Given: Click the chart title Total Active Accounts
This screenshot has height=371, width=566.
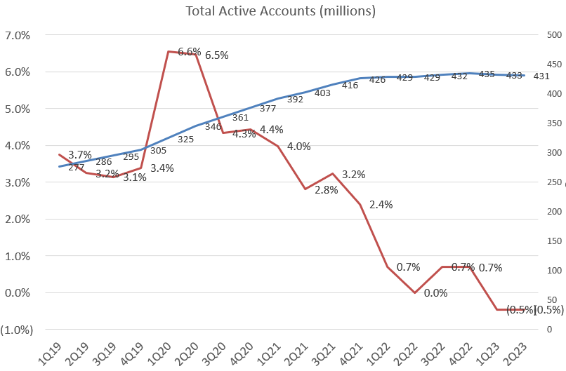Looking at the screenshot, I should tap(280, 11).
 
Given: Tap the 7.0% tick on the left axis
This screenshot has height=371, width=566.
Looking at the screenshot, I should tap(18, 35).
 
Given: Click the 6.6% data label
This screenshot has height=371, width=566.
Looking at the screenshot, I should tap(190, 52).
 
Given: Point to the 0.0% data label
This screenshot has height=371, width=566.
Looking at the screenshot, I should tap(435, 293).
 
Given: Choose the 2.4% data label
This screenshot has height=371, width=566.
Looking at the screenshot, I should tap(381, 205).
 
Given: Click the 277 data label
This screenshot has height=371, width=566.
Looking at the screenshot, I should tap(77, 168).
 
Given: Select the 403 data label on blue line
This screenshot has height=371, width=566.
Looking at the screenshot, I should tap(322, 93).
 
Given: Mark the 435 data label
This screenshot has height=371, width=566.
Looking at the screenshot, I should tap(487, 74).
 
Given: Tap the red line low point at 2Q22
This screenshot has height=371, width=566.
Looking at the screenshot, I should tap(415, 292).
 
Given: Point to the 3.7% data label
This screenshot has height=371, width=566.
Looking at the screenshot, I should tap(80, 154).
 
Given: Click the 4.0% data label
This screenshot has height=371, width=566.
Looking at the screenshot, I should tap(298, 147).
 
